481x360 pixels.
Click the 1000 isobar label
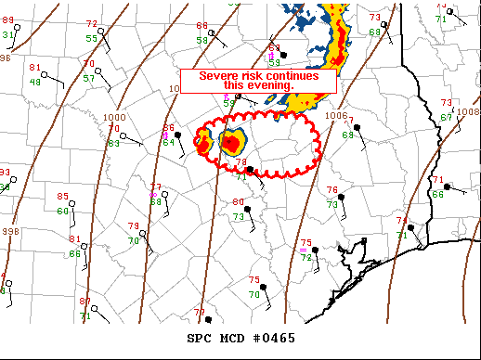[114, 118]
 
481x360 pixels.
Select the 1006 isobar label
[338, 115]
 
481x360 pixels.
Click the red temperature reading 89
[8, 20]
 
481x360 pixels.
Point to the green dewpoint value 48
[35, 82]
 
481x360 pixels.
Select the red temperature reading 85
[63, 197]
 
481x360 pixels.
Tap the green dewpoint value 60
[63, 211]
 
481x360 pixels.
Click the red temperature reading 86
[169, 128]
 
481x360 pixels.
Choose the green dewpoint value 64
[169, 142]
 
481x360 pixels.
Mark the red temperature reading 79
[133, 226]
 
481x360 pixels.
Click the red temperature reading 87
[84, 302]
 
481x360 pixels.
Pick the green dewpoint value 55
[91, 38]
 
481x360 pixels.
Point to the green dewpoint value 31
[8, 34]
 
